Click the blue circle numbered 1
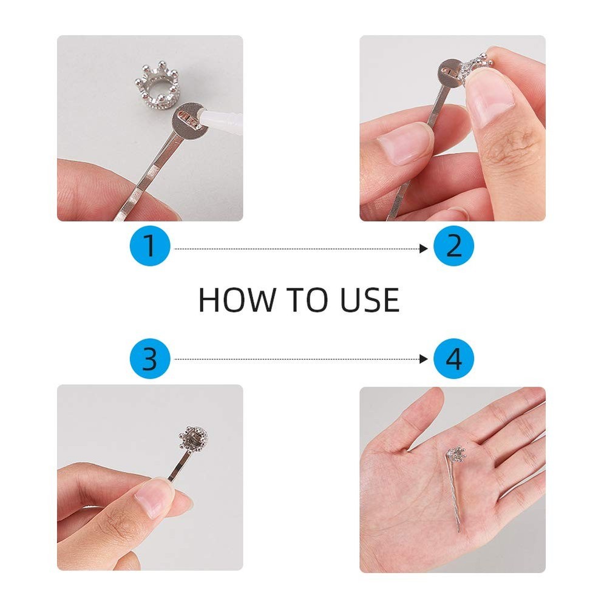point(150,246)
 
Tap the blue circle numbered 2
point(453,246)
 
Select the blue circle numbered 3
point(150,359)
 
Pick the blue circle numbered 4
point(453,359)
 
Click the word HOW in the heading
point(236,300)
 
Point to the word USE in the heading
point(370,300)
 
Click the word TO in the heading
point(306,300)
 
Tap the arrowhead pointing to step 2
point(424,248)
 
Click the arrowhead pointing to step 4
point(424,359)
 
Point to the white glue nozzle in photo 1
point(221,118)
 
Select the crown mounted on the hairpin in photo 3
point(193,438)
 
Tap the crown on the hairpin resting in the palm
point(456,454)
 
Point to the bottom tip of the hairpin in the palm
point(459,532)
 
